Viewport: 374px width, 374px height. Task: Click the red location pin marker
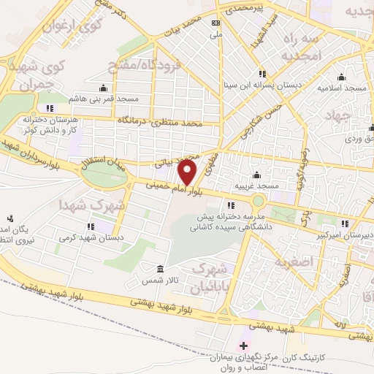pos(188,172)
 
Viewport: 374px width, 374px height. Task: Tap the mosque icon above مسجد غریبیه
pos(256,175)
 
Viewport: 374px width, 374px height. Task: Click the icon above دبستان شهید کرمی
pos(91,226)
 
